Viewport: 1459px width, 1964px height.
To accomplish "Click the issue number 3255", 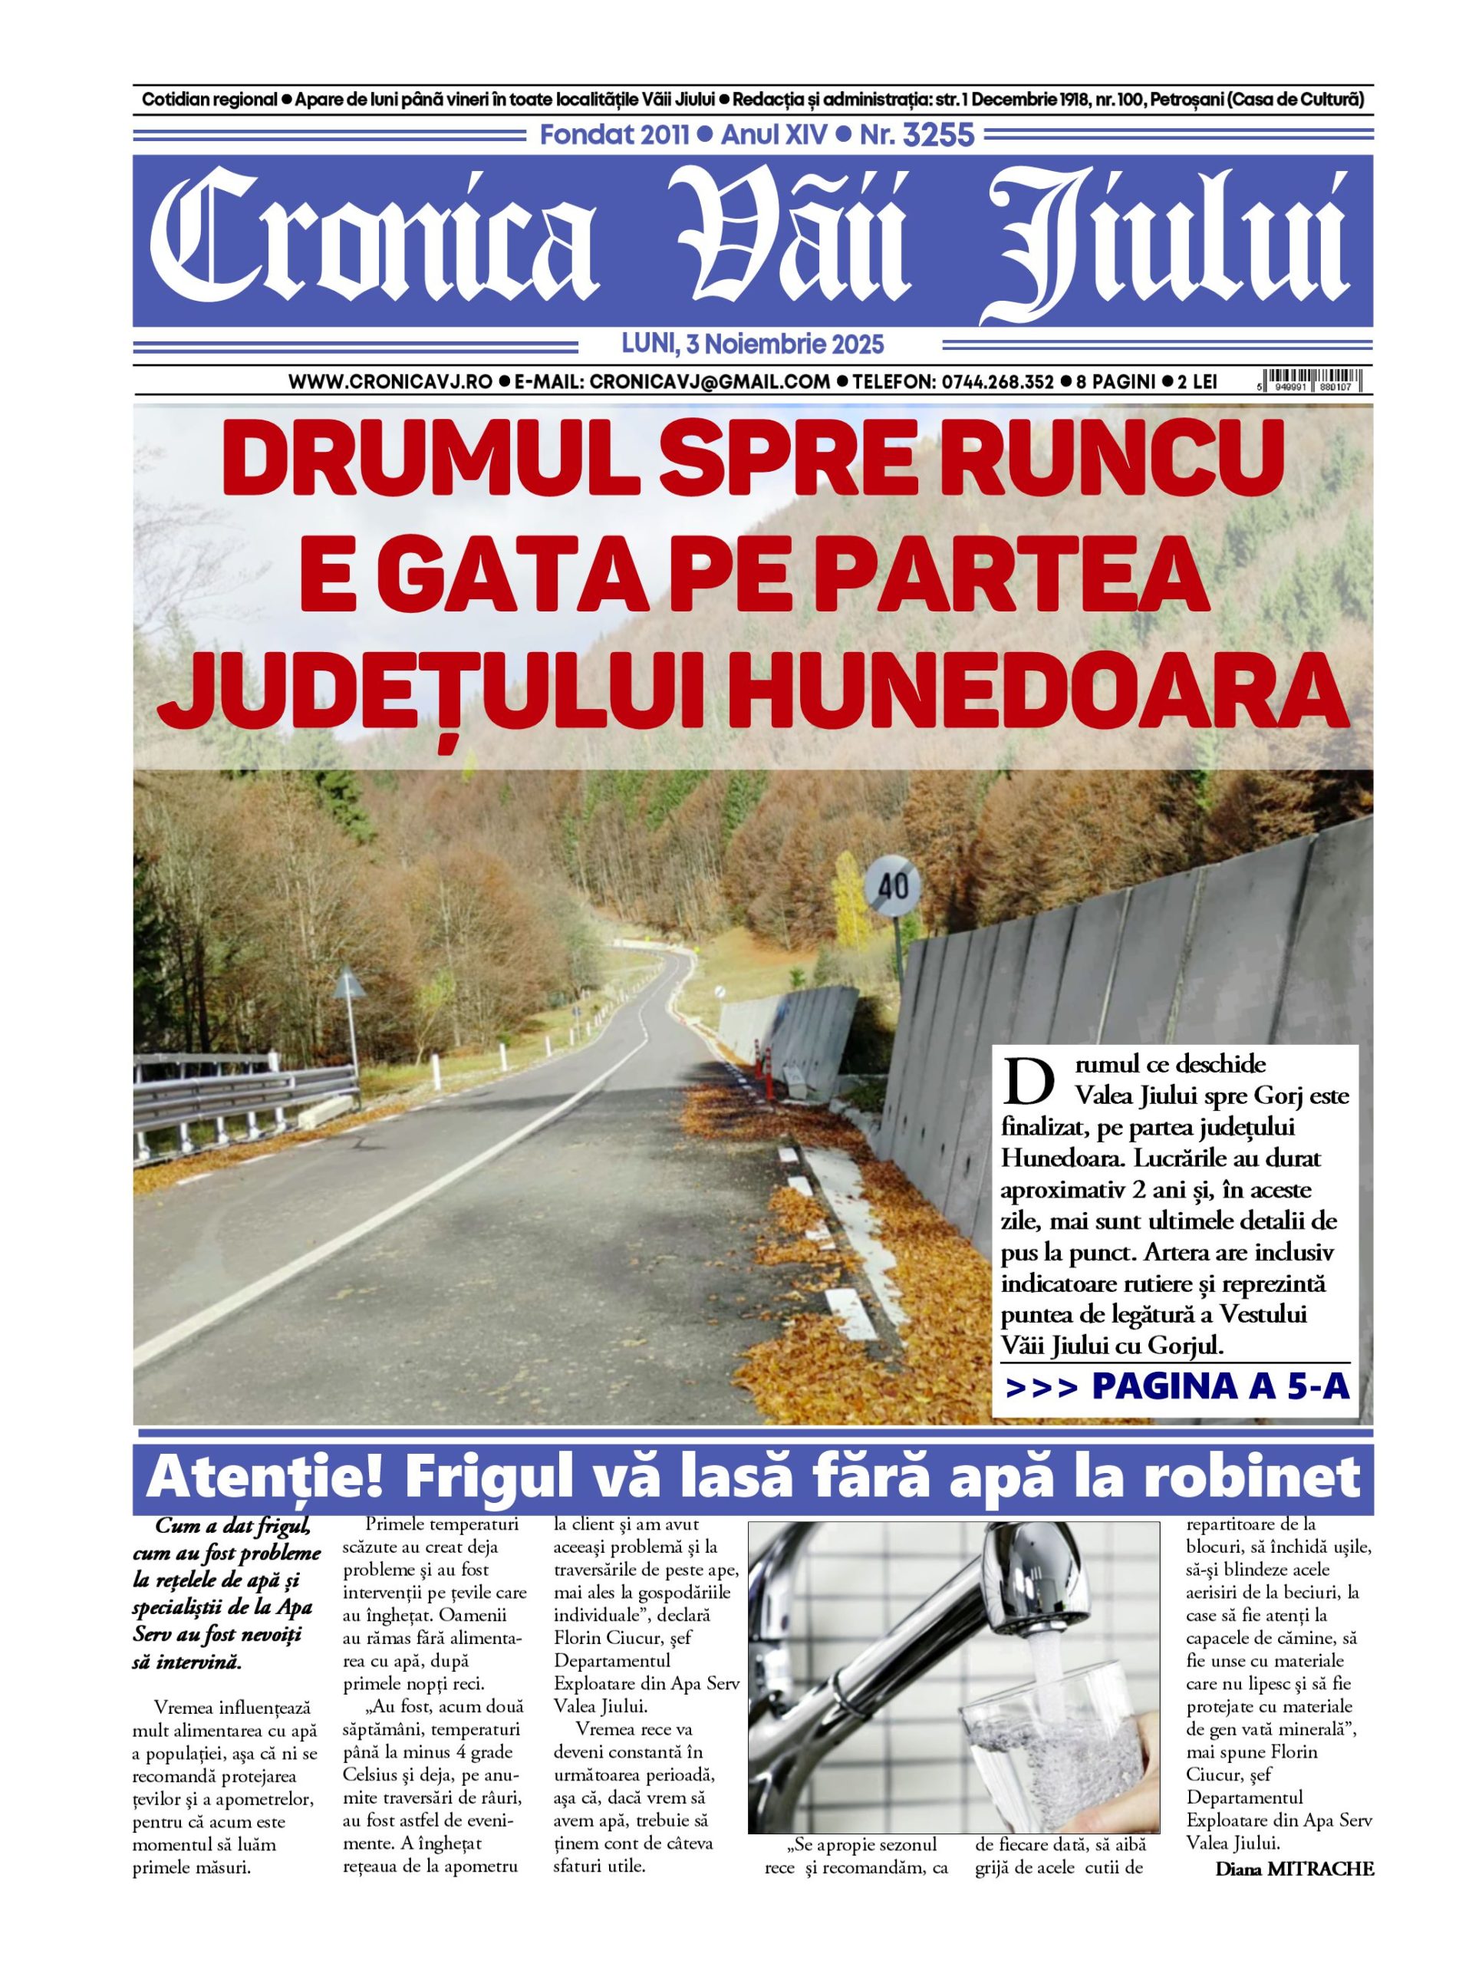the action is [x=937, y=135].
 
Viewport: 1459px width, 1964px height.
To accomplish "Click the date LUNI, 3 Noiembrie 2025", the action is [x=753, y=344].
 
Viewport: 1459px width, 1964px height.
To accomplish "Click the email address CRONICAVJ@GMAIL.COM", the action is [x=710, y=381].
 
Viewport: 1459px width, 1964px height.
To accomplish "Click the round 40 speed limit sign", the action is [x=894, y=886].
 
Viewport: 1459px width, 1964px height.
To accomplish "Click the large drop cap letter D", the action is [x=1029, y=1080].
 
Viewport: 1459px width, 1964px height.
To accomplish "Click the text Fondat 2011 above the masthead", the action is [x=614, y=135].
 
